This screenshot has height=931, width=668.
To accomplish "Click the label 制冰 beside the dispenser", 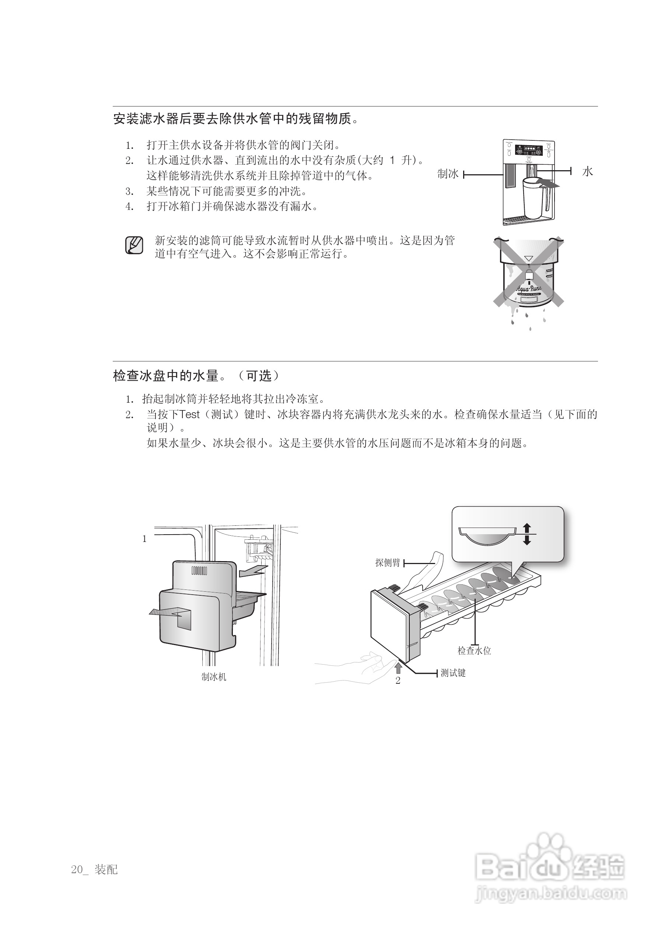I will tap(448, 174).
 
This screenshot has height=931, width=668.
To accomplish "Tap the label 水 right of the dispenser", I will tap(588, 172).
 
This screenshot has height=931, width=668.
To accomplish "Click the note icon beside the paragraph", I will tap(134, 245).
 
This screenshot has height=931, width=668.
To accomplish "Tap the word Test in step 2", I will tap(190, 414).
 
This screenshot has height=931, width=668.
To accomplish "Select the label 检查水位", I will tap(474, 651).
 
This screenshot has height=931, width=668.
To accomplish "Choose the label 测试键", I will tap(453, 673).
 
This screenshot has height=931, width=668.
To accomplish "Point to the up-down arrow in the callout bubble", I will tap(527, 534).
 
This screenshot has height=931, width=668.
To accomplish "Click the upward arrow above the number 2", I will tap(398, 668).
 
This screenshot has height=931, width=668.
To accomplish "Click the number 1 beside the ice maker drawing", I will tap(144, 539).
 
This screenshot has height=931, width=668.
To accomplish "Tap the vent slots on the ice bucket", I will tap(199, 571).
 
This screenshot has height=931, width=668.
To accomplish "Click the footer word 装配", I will tap(106, 869).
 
